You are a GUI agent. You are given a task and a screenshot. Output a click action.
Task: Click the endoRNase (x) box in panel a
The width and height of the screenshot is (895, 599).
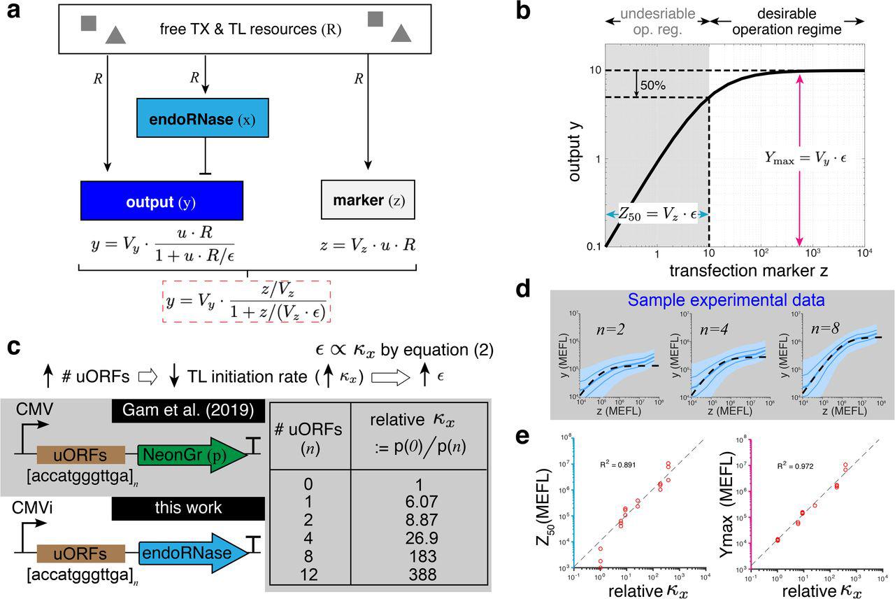pyautogui.click(x=203, y=118)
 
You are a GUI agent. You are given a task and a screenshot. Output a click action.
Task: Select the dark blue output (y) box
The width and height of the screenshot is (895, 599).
pyautogui.click(x=162, y=201)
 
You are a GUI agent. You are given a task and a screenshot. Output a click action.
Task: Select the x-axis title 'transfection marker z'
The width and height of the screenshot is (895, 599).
pyautogui.click(x=734, y=270)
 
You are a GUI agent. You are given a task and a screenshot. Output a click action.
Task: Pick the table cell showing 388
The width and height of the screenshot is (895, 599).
pyautogui.click(x=418, y=575)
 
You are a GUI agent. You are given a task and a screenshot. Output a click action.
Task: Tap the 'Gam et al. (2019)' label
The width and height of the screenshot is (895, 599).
pyautogui.click(x=187, y=410)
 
